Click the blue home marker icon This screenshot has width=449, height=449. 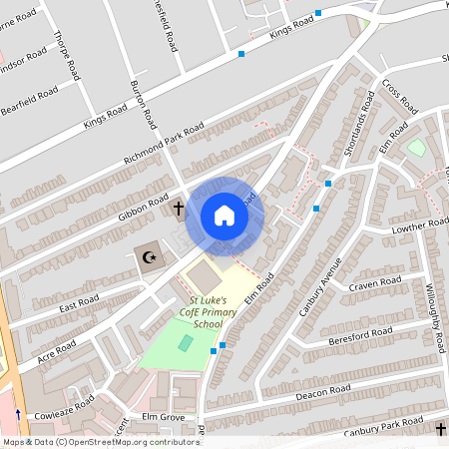(x=224, y=216)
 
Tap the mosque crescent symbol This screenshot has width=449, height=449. (x=151, y=258)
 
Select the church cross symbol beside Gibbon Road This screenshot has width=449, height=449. (x=179, y=209)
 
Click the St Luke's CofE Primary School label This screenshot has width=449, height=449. (x=208, y=311)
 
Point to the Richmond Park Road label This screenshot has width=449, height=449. (x=164, y=146)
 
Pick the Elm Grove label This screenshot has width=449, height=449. (x=165, y=415)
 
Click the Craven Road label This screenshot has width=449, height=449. (x=374, y=285)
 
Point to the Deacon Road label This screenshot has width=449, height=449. (x=324, y=392)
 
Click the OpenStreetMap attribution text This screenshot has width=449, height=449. (x=101, y=441)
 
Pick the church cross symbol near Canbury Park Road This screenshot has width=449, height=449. (x=441, y=429)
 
